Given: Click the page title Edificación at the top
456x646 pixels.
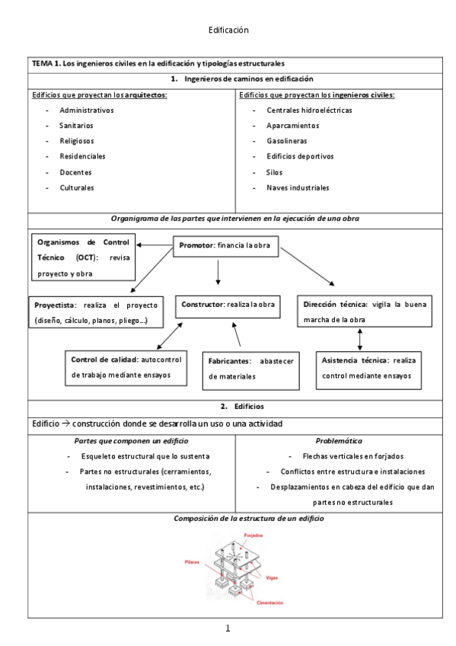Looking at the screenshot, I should (x=228, y=30).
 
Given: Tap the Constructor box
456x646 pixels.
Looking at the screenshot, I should (x=227, y=305).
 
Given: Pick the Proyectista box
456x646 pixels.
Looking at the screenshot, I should (x=91, y=312).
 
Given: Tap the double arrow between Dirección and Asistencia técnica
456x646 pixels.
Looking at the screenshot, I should (x=359, y=339).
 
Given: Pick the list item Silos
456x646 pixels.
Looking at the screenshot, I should (x=274, y=172).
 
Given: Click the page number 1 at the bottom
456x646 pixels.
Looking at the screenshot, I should (x=228, y=628).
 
